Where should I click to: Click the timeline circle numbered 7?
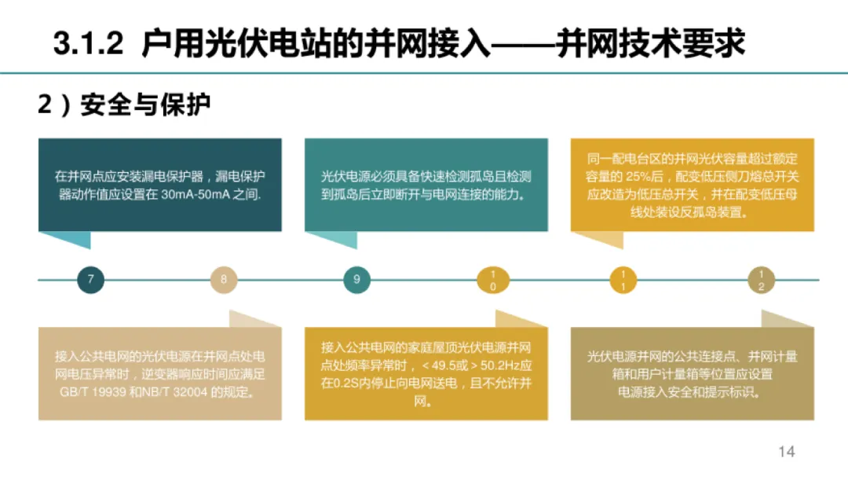90,280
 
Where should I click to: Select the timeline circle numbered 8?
224,280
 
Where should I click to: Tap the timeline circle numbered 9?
357,280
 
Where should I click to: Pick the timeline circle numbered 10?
492,280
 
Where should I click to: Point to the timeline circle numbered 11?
623,280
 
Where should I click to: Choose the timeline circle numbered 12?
760,280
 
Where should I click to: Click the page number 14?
787,451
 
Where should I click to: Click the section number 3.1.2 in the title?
89,44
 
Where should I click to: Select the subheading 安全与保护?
146,105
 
